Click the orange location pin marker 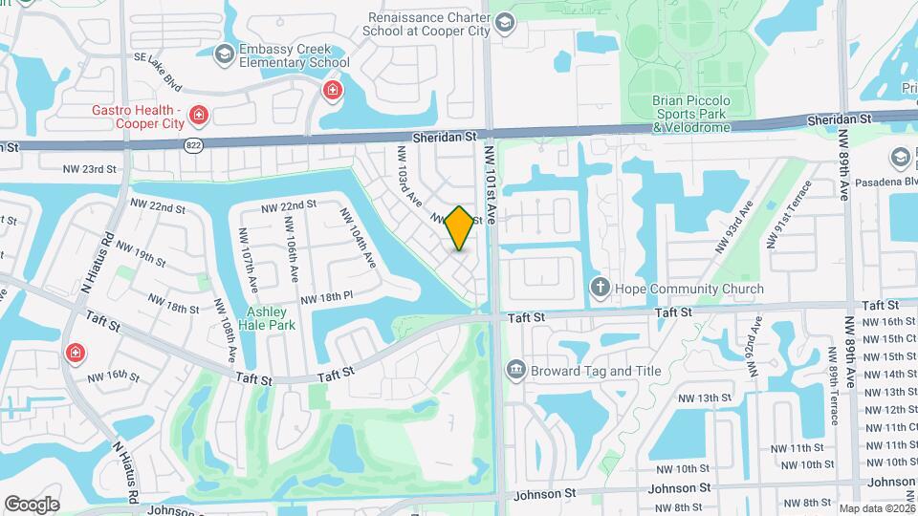460,227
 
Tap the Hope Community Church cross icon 600,289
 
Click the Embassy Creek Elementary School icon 225,54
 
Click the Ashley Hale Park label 272,318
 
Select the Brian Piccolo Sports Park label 690,113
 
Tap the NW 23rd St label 90,169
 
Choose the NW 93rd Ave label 733,227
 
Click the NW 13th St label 704,398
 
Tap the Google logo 32,505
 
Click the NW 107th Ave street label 250,272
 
